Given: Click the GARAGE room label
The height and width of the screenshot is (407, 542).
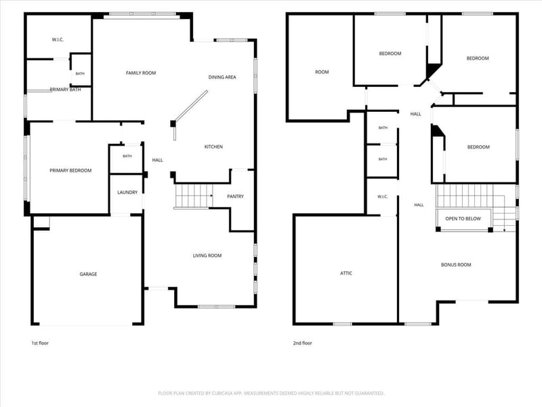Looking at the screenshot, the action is click(88, 274).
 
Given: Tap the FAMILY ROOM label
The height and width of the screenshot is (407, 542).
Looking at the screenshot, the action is click(141, 73).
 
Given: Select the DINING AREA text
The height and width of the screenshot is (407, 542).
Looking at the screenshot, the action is click(222, 77).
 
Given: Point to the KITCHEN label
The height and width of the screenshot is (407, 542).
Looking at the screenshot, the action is click(213, 147).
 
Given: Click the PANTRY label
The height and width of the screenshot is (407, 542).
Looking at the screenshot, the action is click(235, 197).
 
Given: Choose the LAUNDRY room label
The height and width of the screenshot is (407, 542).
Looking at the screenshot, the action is click(127, 193).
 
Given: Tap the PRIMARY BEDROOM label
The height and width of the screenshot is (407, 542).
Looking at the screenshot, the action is click(70, 171).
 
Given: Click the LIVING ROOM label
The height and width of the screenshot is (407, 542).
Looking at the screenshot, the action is click(207, 256).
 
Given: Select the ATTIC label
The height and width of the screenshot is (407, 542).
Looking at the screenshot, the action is click(346, 273).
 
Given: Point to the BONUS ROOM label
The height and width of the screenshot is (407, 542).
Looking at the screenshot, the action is click(456, 265).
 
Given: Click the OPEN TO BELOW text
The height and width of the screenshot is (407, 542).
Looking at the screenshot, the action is click(463, 218).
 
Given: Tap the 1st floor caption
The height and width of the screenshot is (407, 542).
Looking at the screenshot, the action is click(40, 343).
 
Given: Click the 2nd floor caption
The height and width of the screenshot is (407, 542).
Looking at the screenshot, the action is click(302, 343).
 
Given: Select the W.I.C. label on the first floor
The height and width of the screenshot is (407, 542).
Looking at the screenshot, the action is click(58, 40).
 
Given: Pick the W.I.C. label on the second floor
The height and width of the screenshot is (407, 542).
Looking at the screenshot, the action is click(383, 197).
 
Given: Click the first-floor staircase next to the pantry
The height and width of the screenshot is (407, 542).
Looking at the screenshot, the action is click(193, 196).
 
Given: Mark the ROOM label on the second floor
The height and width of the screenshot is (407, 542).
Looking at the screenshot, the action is click(322, 72).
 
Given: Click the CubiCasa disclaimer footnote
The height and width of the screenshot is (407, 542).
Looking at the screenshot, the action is click(271, 393).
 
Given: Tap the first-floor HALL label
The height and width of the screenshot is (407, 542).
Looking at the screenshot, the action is click(157, 160).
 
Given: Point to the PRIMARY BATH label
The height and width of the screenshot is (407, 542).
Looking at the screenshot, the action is click(65, 90).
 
